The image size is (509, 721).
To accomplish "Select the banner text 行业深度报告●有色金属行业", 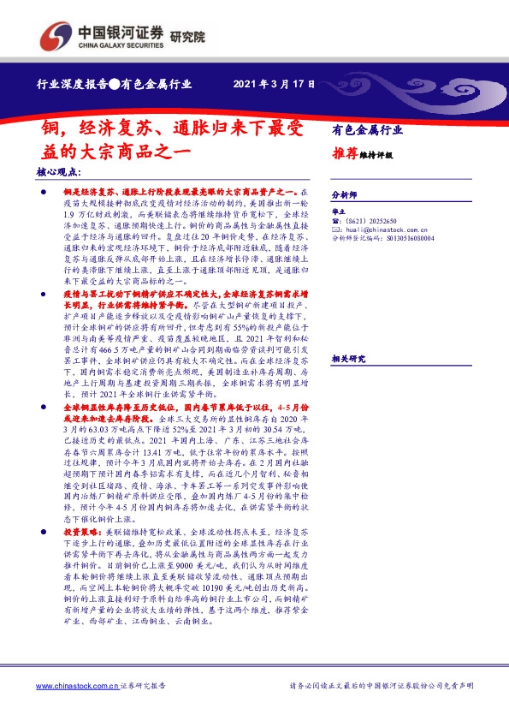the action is coord(114,86).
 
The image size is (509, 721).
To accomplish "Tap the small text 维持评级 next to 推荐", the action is coord(378,157).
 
